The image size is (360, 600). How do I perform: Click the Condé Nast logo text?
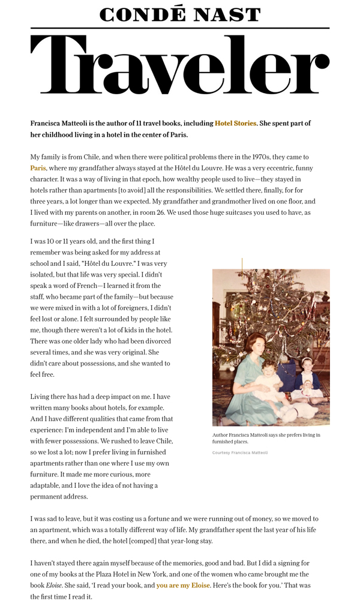pyautogui.click(x=180, y=14)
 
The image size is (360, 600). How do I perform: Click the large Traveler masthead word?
pyautogui.click(x=180, y=65)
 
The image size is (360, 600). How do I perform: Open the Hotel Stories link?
pyautogui.click(x=235, y=123)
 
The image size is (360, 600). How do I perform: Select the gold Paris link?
pyautogui.click(x=38, y=168)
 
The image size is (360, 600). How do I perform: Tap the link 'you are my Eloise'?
pyautogui.click(x=183, y=585)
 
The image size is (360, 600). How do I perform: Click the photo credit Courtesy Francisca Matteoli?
pyautogui.click(x=240, y=452)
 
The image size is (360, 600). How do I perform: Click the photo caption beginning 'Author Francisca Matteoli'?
pyautogui.click(x=266, y=438)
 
